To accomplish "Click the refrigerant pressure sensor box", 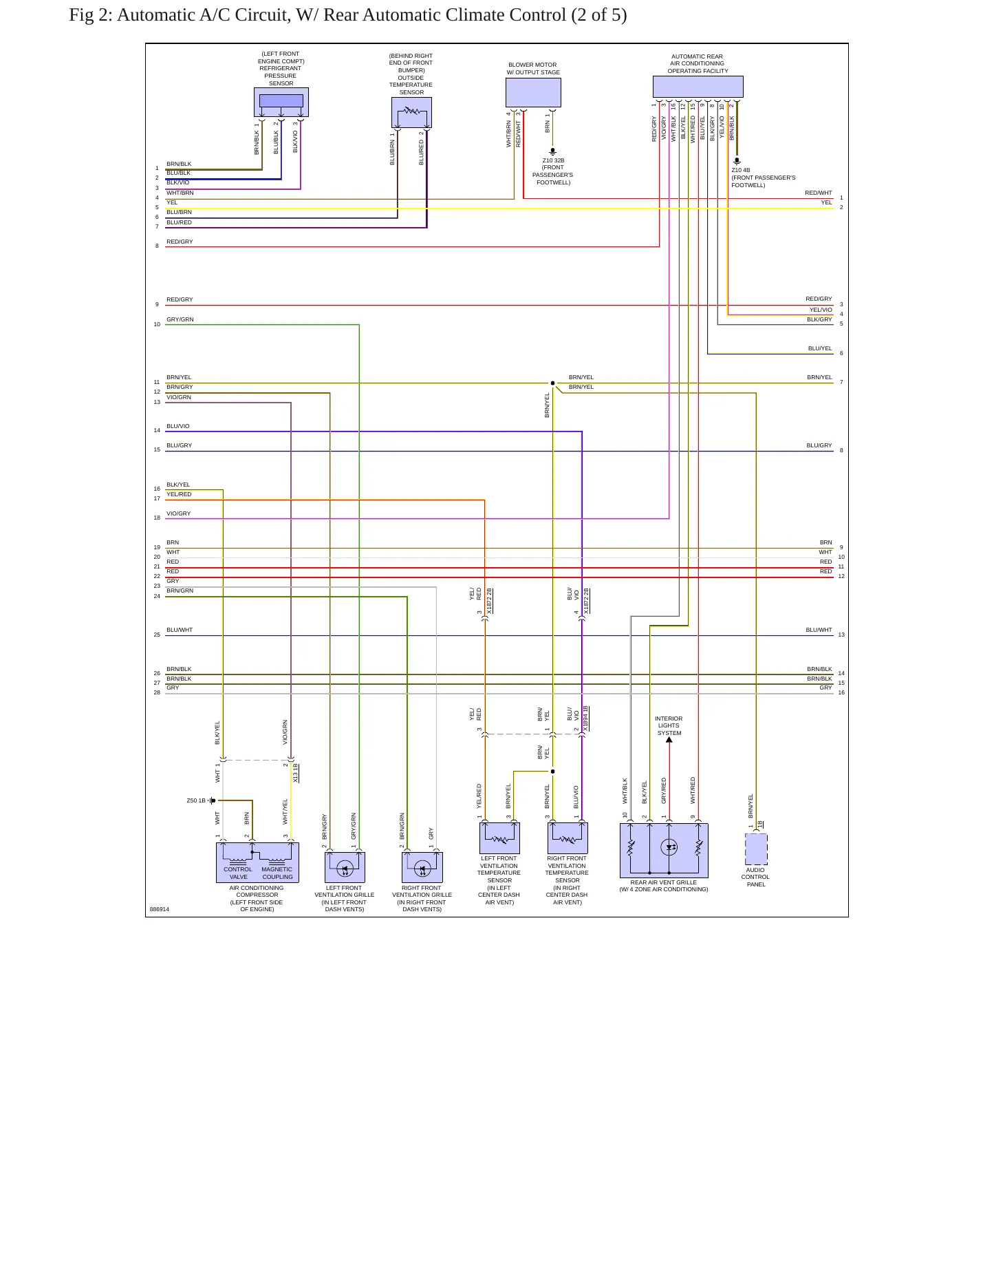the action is click(x=281, y=102).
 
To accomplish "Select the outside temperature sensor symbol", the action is click(x=411, y=112).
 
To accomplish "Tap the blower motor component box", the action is click(x=533, y=92).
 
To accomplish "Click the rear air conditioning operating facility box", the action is click(x=698, y=87).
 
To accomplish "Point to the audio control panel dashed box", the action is click(x=756, y=849).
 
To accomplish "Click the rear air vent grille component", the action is click(x=664, y=851).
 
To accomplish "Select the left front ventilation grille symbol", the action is click(x=345, y=867).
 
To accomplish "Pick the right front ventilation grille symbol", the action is click(x=422, y=867).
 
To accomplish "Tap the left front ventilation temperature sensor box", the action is click(x=499, y=838).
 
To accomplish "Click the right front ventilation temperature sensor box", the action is click(x=568, y=838).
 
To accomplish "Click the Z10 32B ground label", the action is click(x=553, y=160).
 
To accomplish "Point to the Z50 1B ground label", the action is click(x=196, y=800).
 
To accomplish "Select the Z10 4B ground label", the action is click(x=741, y=170).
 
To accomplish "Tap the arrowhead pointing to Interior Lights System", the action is click(x=669, y=740).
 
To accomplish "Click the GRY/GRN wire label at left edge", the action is click(x=180, y=319).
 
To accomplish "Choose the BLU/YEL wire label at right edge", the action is click(x=820, y=348).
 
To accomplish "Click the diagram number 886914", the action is click(x=160, y=909).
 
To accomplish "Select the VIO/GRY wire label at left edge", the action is click(x=179, y=513).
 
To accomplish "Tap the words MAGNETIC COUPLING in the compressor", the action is click(x=277, y=873).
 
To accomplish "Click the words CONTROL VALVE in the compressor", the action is click(x=238, y=873).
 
